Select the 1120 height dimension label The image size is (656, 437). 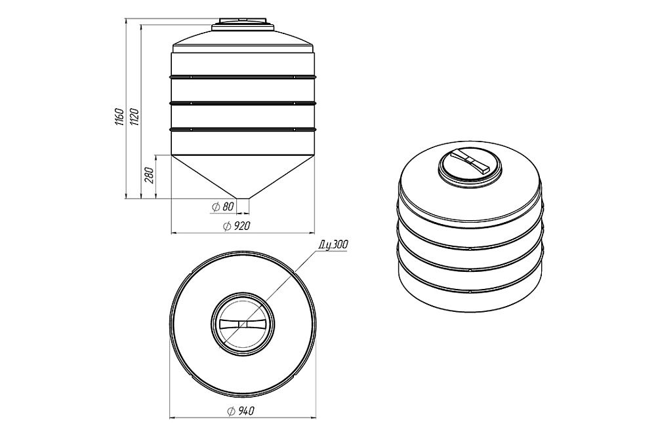[134, 117]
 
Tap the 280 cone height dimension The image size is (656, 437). [150, 175]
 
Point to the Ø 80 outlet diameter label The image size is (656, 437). [222, 206]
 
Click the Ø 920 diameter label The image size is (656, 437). [237, 226]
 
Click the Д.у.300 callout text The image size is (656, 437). [333, 245]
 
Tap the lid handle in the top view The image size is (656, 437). [243, 324]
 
